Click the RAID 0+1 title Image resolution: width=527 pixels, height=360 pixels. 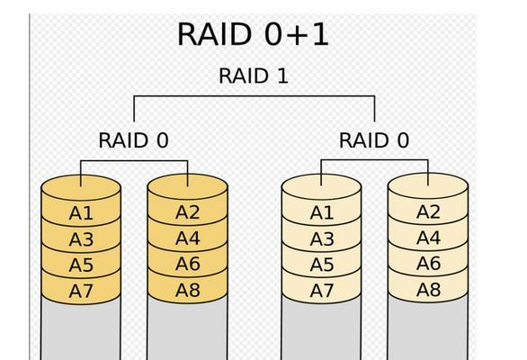pyautogui.click(x=253, y=34)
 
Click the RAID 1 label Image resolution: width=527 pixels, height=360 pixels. pyautogui.click(x=254, y=76)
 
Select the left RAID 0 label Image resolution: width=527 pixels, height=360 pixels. pyautogui.click(x=133, y=140)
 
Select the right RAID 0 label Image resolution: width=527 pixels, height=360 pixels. pyautogui.click(x=374, y=140)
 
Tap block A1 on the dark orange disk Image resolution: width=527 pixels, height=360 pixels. pyautogui.click(x=81, y=213)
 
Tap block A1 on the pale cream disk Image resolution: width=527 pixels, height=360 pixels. pyautogui.click(x=322, y=212)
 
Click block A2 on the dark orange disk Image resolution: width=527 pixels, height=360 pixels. pyautogui.click(x=188, y=212)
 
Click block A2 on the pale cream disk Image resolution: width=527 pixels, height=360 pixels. pyautogui.click(x=428, y=211)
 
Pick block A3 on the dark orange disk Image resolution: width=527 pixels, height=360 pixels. pyautogui.click(x=81, y=239)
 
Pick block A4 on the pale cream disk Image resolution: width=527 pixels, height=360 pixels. pyautogui.click(x=428, y=238)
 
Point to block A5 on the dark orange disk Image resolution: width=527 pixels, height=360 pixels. pyautogui.click(x=81, y=265)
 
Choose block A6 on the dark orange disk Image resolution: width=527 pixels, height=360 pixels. pyautogui.click(x=188, y=264)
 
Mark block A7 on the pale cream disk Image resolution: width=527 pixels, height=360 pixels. pyautogui.click(x=322, y=291)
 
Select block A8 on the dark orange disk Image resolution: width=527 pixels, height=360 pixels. pyautogui.click(x=188, y=290)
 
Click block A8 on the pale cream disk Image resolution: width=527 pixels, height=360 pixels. pyautogui.click(x=428, y=289)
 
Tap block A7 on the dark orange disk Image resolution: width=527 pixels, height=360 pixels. pyautogui.click(x=81, y=292)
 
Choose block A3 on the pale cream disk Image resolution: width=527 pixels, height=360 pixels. pyautogui.click(x=322, y=238)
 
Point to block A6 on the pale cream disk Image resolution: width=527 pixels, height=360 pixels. pyautogui.click(x=428, y=263)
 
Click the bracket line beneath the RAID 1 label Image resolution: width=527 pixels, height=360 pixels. pyautogui.click(x=255, y=96)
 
